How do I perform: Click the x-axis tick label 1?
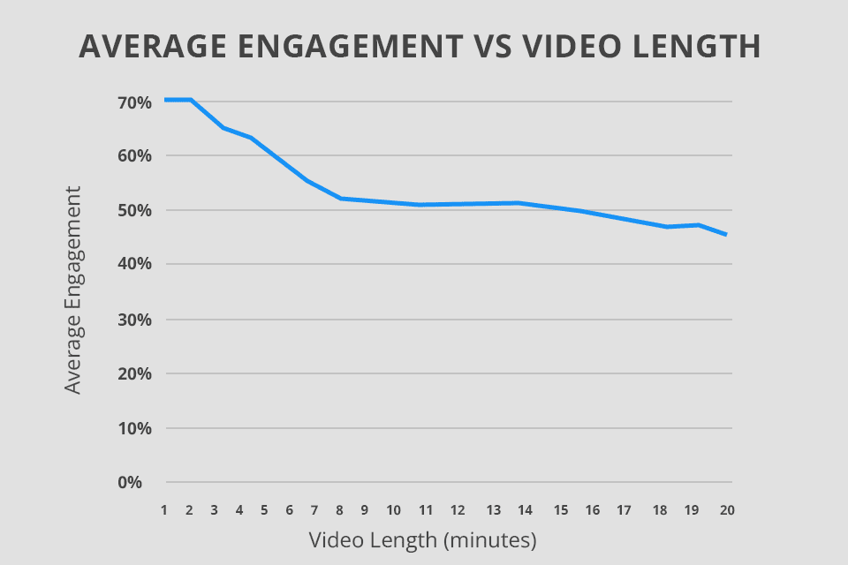[165, 510]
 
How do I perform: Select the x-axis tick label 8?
[341, 510]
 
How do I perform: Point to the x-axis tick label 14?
[525, 510]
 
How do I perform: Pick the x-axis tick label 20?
[727, 510]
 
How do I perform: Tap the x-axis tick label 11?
[426, 510]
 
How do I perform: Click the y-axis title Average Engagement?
[73, 290]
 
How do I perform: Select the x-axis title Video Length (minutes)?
[423, 538]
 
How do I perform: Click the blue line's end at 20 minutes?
[726, 234]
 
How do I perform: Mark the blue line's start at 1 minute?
[165, 100]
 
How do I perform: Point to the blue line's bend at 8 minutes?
[341, 199]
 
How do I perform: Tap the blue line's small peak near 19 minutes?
[700, 224]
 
